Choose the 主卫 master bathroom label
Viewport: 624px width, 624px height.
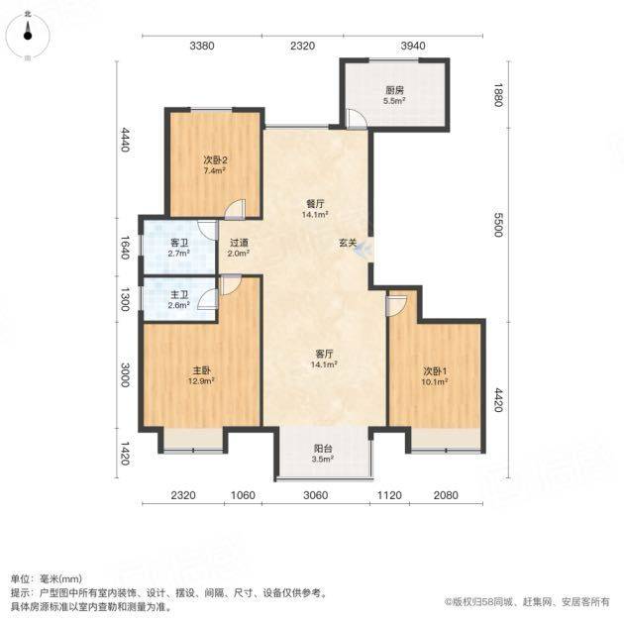coord(179,298)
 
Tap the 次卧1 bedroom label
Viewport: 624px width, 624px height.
coord(435,376)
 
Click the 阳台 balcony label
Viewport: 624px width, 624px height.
coord(322,454)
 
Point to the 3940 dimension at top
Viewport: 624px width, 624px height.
coord(412,46)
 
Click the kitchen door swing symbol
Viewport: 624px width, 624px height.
coord(357,119)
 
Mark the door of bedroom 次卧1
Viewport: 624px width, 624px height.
coord(395,305)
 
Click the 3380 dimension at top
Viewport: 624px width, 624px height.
coord(202,46)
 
